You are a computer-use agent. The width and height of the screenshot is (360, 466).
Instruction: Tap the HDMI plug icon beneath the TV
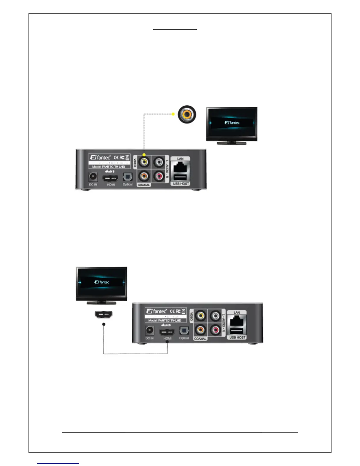coord(104,315)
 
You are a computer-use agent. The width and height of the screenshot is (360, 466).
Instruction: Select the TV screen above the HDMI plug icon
coord(102,282)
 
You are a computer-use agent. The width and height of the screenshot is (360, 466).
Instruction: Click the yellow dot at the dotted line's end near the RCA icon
coord(173,114)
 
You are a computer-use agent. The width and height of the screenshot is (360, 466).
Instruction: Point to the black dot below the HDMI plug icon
coord(104,324)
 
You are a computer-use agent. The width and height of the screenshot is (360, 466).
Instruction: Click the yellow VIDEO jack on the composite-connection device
coord(144,162)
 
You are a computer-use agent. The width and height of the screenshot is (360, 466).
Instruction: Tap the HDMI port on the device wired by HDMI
coord(167,332)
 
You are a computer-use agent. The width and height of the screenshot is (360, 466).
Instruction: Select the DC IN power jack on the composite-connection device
coord(93,177)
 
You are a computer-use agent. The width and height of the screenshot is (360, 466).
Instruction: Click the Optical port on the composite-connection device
coord(127,177)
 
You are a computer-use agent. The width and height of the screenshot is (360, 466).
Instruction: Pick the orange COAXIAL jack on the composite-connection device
coord(144,176)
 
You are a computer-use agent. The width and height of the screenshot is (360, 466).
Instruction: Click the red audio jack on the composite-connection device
coord(159,176)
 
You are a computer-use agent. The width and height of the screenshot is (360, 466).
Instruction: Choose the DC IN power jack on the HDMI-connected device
coord(149,331)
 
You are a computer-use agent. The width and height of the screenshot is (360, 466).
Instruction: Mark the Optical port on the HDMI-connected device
coord(184,331)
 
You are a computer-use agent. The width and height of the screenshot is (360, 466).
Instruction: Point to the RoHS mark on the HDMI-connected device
coord(166,325)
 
